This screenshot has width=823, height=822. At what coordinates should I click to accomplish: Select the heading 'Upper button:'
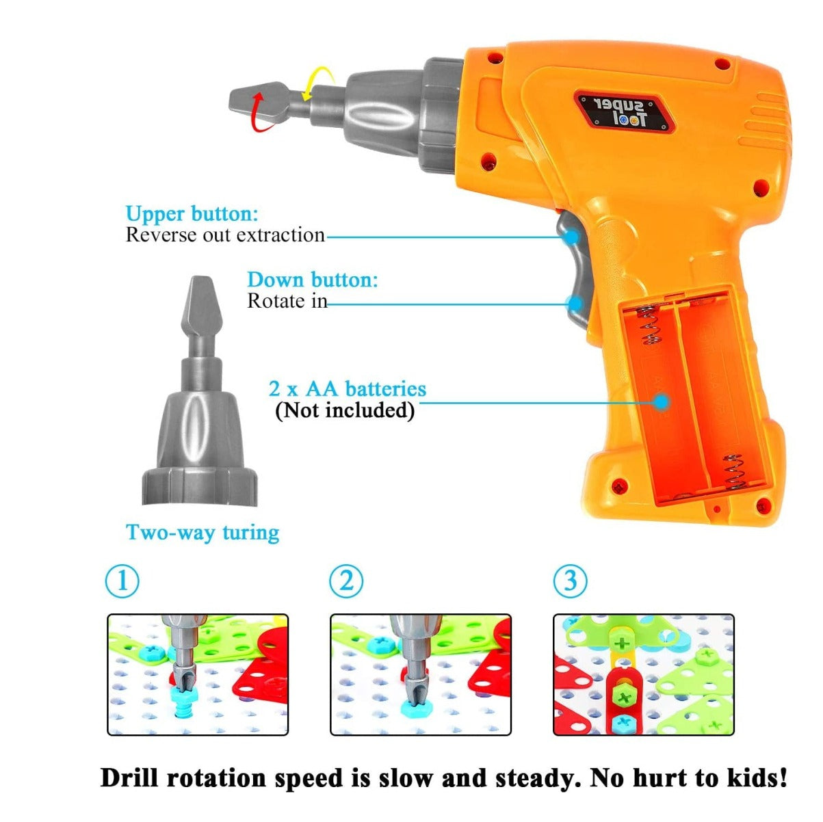[192, 213]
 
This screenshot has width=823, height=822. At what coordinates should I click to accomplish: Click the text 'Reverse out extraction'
[225, 235]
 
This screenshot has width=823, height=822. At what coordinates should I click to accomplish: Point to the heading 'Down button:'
[313, 280]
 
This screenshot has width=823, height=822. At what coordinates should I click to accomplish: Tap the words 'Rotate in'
[287, 301]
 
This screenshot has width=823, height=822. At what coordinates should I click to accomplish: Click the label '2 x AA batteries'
[348, 388]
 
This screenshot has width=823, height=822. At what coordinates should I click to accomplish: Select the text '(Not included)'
[345, 410]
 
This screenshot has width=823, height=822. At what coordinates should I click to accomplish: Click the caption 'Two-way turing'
[203, 533]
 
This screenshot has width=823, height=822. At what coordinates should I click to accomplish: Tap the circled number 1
[122, 581]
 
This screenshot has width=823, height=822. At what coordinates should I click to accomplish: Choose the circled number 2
[346, 581]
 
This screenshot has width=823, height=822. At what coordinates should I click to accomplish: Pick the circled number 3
[570, 581]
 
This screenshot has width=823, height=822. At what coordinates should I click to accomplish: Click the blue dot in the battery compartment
[662, 402]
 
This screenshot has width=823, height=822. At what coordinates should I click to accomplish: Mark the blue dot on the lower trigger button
[576, 304]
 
